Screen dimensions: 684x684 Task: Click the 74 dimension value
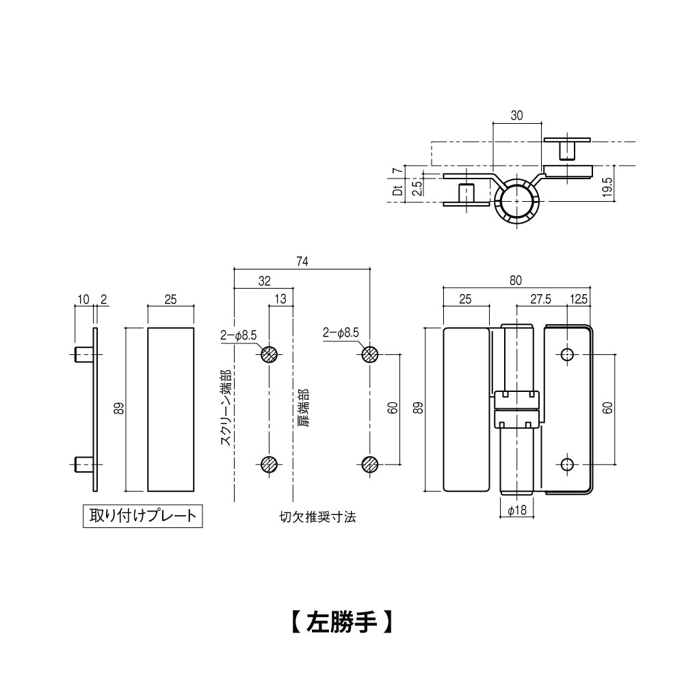point(302,261)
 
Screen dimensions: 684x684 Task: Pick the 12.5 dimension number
point(579,300)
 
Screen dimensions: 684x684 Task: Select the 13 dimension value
point(280,300)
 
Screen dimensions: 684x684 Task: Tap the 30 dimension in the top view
point(516,116)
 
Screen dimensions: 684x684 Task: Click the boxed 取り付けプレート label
point(142,514)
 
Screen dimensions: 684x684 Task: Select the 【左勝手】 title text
point(339,621)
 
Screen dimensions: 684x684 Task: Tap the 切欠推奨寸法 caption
point(317,517)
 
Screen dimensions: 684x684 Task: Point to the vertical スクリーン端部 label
point(224,408)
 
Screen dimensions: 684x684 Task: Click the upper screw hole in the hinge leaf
point(566,354)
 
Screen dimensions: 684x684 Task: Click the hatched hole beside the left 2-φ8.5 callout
point(269,354)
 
